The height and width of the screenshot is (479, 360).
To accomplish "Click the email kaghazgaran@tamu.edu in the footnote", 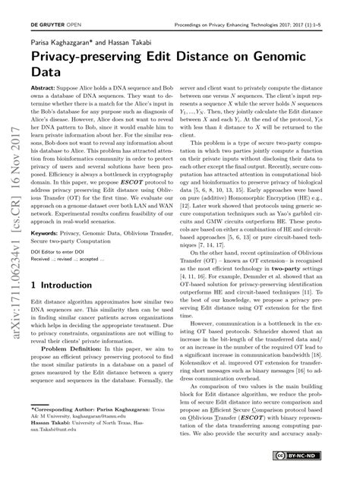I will coord(108,436).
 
